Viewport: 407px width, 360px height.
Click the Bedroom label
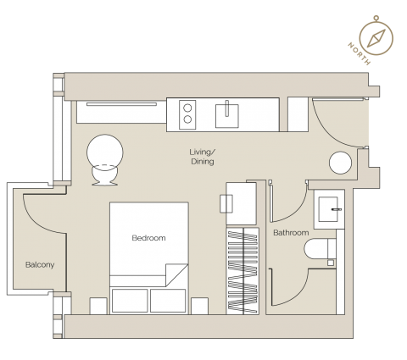(148, 238)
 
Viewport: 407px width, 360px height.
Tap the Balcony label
(40, 265)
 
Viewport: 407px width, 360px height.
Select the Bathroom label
(291, 233)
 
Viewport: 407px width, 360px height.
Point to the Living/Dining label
(203, 157)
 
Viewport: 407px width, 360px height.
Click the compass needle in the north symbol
(376, 38)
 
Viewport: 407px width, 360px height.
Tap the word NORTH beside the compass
(359, 53)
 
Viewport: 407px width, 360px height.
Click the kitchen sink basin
(227, 116)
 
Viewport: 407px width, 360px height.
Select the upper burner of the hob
(187, 108)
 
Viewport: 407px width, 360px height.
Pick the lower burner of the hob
(187, 119)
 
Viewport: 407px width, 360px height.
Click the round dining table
(105, 152)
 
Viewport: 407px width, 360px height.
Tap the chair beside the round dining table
(104, 175)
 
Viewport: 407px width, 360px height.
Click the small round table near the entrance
(340, 163)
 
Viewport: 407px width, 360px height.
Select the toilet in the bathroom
(320, 249)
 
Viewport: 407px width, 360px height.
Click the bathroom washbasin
(328, 209)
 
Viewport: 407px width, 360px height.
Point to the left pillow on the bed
(130, 301)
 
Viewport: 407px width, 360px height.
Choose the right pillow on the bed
(168, 301)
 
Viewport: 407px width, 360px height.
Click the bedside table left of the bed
(98, 306)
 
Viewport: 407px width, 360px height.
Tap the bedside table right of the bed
(199, 306)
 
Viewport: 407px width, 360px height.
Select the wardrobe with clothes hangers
(243, 271)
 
